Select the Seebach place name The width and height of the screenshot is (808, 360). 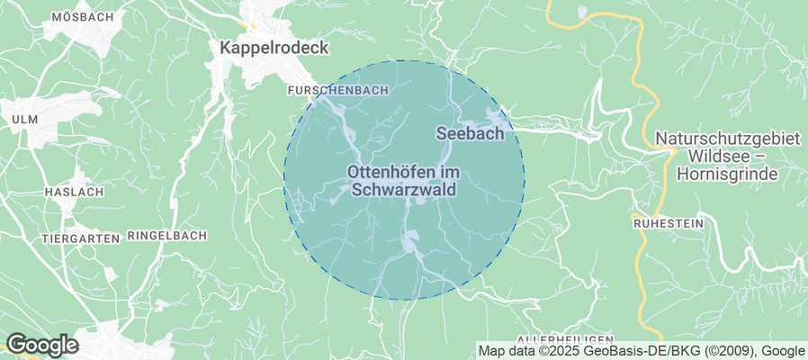point(476,133)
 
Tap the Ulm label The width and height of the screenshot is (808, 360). point(23,120)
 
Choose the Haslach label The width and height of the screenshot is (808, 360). point(74,192)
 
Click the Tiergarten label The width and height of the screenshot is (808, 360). point(81,238)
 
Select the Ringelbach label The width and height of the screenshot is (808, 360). point(167,235)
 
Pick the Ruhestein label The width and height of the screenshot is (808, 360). point(668,221)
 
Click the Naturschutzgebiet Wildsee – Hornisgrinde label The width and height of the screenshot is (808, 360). point(728,157)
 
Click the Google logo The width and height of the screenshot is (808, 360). point(42,345)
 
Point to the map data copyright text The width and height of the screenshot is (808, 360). point(641,351)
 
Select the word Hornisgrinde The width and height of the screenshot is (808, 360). point(729,174)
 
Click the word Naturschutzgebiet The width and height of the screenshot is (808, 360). point(728,139)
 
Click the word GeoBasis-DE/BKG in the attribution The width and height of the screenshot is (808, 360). point(630,351)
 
